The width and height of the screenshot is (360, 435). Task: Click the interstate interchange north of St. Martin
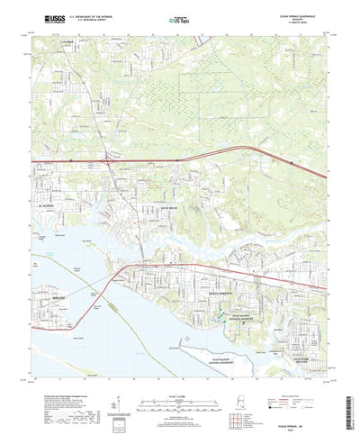point(108,161)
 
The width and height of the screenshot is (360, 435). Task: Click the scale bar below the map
point(179,378)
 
